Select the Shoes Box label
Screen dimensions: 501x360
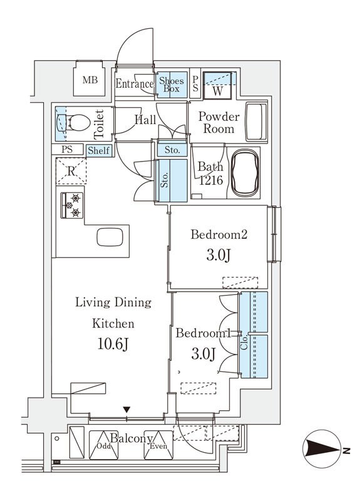(172, 84)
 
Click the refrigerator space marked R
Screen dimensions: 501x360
(72, 171)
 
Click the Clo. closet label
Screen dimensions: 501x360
(244, 343)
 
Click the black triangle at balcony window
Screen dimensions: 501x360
(127, 410)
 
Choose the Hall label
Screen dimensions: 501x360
(145, 118)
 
